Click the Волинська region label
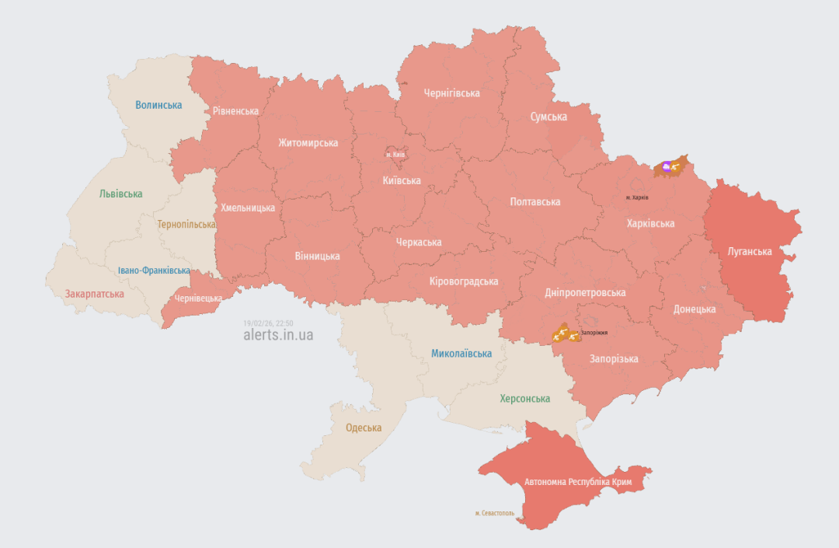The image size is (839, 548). pos(158,105)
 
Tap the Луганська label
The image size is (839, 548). pos(750,252)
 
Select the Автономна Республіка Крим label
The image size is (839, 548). pos(578,483)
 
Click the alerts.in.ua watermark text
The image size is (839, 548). pos(278,335)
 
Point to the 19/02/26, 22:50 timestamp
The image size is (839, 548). pos(268,323)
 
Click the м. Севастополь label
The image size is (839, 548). pos(495,513)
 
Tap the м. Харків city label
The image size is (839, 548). pos(637,197)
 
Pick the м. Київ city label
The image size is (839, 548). pos(395,155)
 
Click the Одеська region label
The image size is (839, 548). pos(364,428)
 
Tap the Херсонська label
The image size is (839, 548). pos(524,398)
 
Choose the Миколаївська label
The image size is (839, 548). pos(461,354)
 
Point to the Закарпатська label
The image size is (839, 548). pos(94,294)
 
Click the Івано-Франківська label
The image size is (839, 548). pos(154,271)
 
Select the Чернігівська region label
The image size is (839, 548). pos(451,93)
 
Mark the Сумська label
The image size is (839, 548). pos(548,117)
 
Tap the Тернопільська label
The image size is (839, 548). pos(186,225)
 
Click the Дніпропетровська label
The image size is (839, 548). pos(585,293)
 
